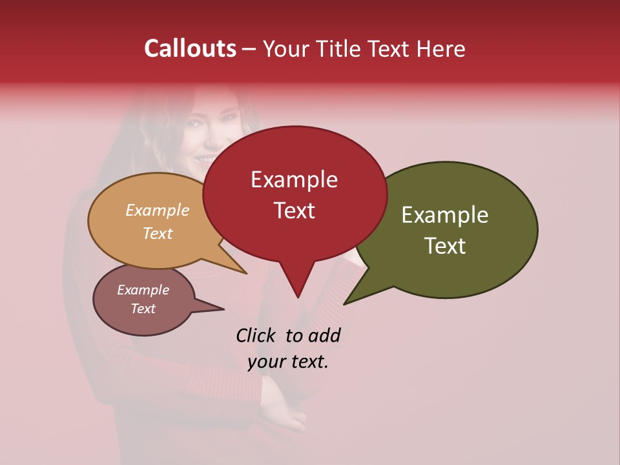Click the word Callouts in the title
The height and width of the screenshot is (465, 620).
[190, 48]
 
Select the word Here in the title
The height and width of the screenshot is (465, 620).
[439, 49]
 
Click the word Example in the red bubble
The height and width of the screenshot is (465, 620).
[294, 180]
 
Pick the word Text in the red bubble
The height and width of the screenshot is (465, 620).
[294, 211]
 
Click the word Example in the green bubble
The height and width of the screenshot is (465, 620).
[445, 215]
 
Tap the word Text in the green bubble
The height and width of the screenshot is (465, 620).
[445, 246]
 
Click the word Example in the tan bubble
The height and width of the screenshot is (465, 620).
[158, 211]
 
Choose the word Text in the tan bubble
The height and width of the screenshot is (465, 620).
[158, 234]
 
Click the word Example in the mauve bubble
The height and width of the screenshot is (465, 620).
[143, 290]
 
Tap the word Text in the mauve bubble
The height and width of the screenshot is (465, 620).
[143, 309]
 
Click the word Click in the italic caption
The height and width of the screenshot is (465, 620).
[258, 335]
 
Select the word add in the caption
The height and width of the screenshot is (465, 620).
[325, 335]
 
